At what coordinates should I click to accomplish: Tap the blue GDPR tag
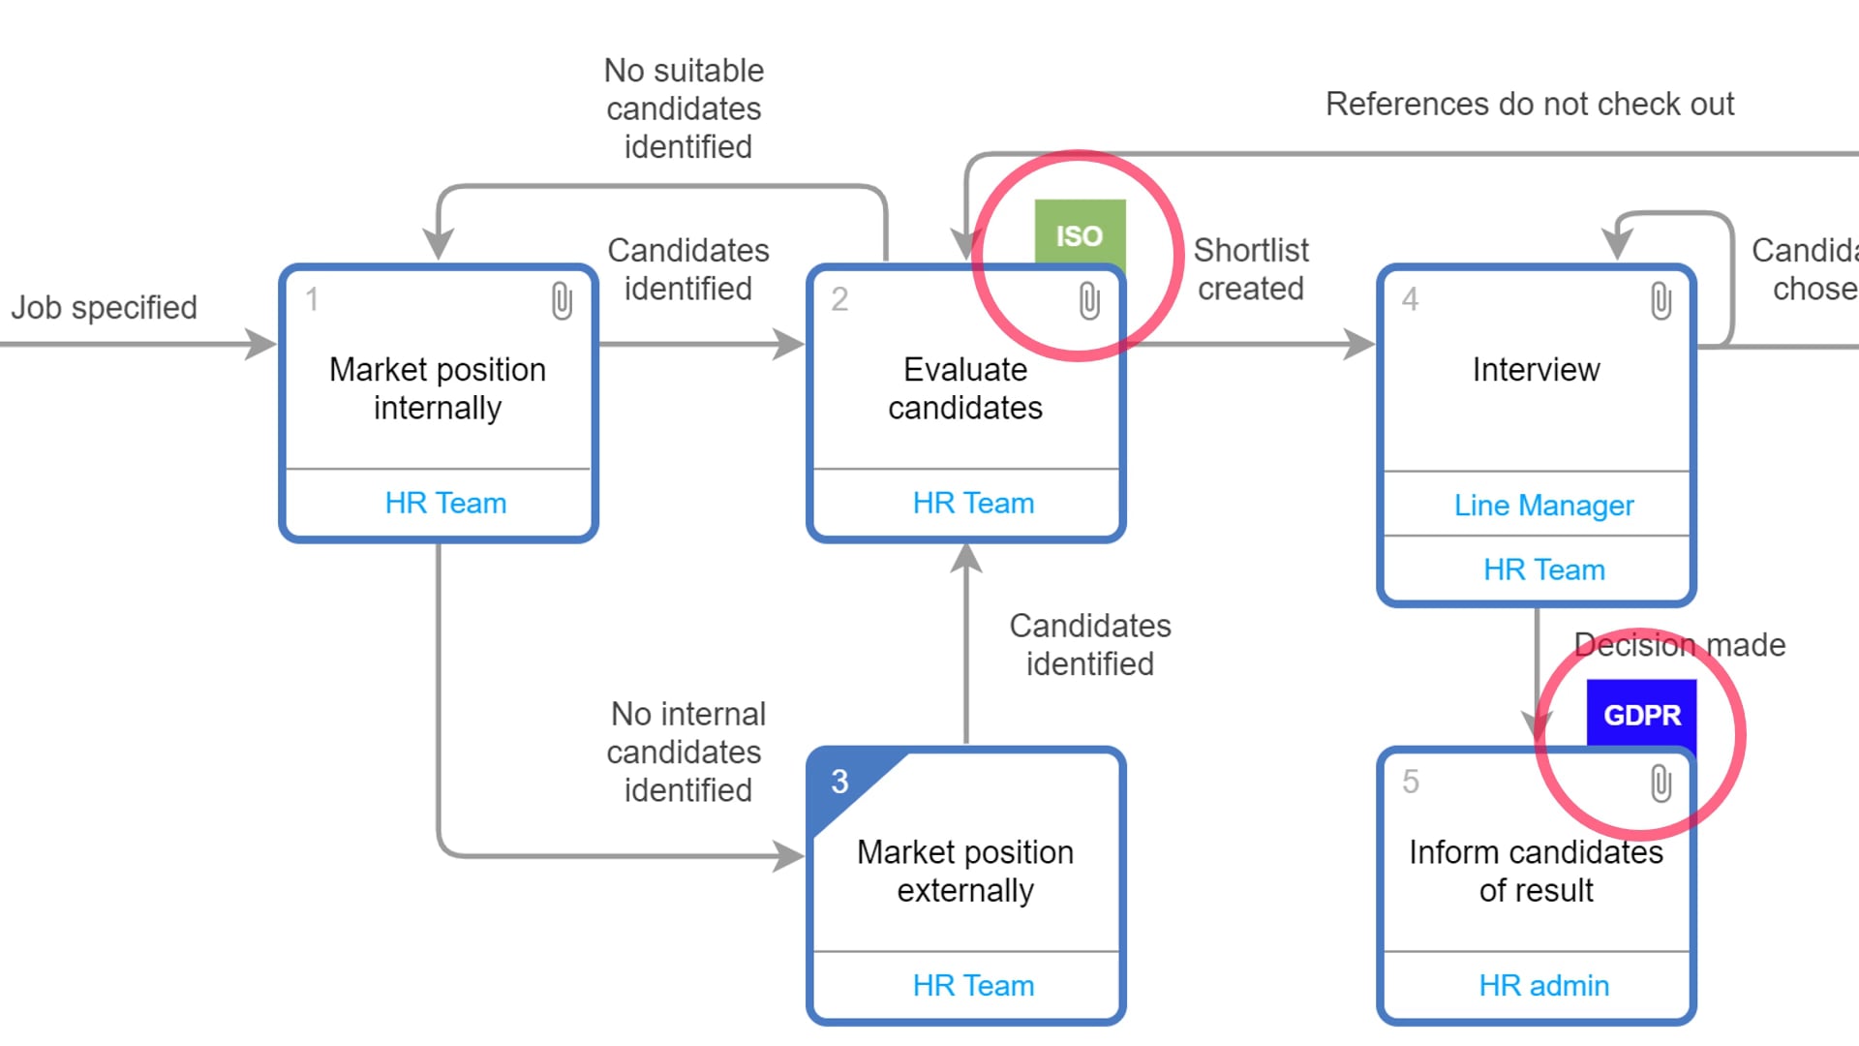1641,715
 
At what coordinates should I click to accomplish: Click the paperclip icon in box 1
562,301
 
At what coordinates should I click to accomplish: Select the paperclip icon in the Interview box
1661,301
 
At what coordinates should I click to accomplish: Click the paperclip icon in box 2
1089,301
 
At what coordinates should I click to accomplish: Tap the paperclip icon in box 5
1661,784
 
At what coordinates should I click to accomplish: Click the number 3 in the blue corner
839,782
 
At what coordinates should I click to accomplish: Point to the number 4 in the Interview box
1410,299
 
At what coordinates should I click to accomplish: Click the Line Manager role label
1543,505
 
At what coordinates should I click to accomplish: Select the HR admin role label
1543,985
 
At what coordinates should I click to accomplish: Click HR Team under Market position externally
973,985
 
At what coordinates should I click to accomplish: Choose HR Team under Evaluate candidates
973,503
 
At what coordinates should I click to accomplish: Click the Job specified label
104,307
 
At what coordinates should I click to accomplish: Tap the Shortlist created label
1250,269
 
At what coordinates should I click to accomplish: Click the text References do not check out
1529,104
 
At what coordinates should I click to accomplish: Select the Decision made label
1679,644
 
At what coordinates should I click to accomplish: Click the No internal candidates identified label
686,752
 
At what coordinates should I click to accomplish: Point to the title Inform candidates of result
1536,871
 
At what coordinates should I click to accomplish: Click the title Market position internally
438,388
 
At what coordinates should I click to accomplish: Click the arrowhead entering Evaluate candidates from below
966,558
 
